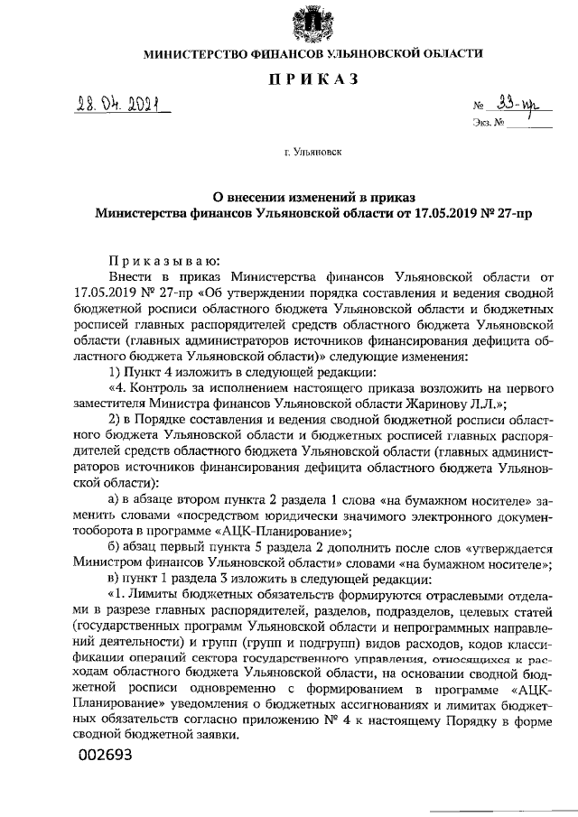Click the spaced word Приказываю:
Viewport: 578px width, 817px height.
(158, 257)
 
